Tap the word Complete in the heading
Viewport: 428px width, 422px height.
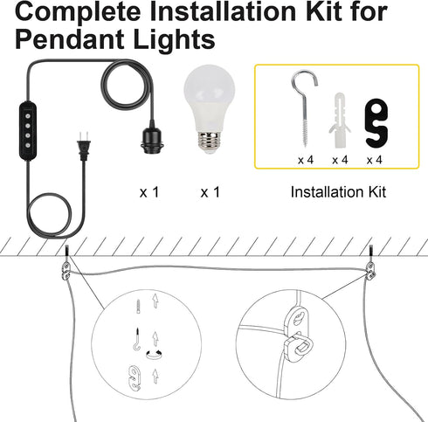coord(78,11)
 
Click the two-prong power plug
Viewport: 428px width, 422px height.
coord(83,146)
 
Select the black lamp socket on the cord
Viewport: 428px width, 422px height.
coord(150,139)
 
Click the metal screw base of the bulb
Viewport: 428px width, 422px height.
coord(209,141)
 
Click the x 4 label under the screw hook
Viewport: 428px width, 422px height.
coord(306,160)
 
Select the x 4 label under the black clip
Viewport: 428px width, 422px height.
coord(375,160)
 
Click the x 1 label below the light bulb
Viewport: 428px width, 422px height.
coord(211,192)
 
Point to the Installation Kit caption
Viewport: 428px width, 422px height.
coord(338,192)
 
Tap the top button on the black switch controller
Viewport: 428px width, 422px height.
coord(28,115)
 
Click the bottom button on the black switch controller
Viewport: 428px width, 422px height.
coord(28,145)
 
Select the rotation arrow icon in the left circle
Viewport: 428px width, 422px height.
coord(154,355)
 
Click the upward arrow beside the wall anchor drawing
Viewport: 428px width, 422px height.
coord(155,301)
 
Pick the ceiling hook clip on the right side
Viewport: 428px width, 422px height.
coord(370,270)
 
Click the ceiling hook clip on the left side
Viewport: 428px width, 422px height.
coord(66,270)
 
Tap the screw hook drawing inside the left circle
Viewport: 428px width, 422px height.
coord(137,339)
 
